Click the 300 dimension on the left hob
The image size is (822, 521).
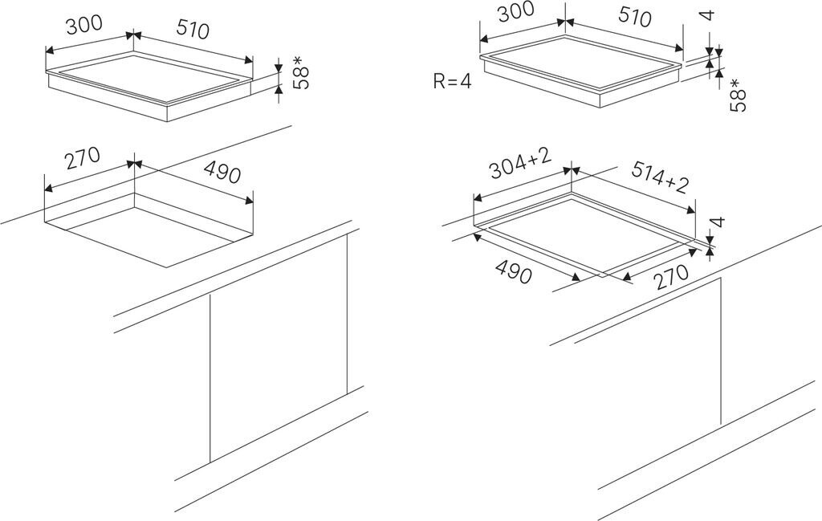click(84, 25)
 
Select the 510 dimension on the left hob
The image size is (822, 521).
click(190, 30)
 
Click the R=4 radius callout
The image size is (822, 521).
click(451, 80)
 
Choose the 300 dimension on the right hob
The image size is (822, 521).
click(515, 14)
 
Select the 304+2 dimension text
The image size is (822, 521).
click(519, 166)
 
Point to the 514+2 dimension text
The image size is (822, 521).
click(660, 178)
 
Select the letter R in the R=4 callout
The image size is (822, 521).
click(438, 80)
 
